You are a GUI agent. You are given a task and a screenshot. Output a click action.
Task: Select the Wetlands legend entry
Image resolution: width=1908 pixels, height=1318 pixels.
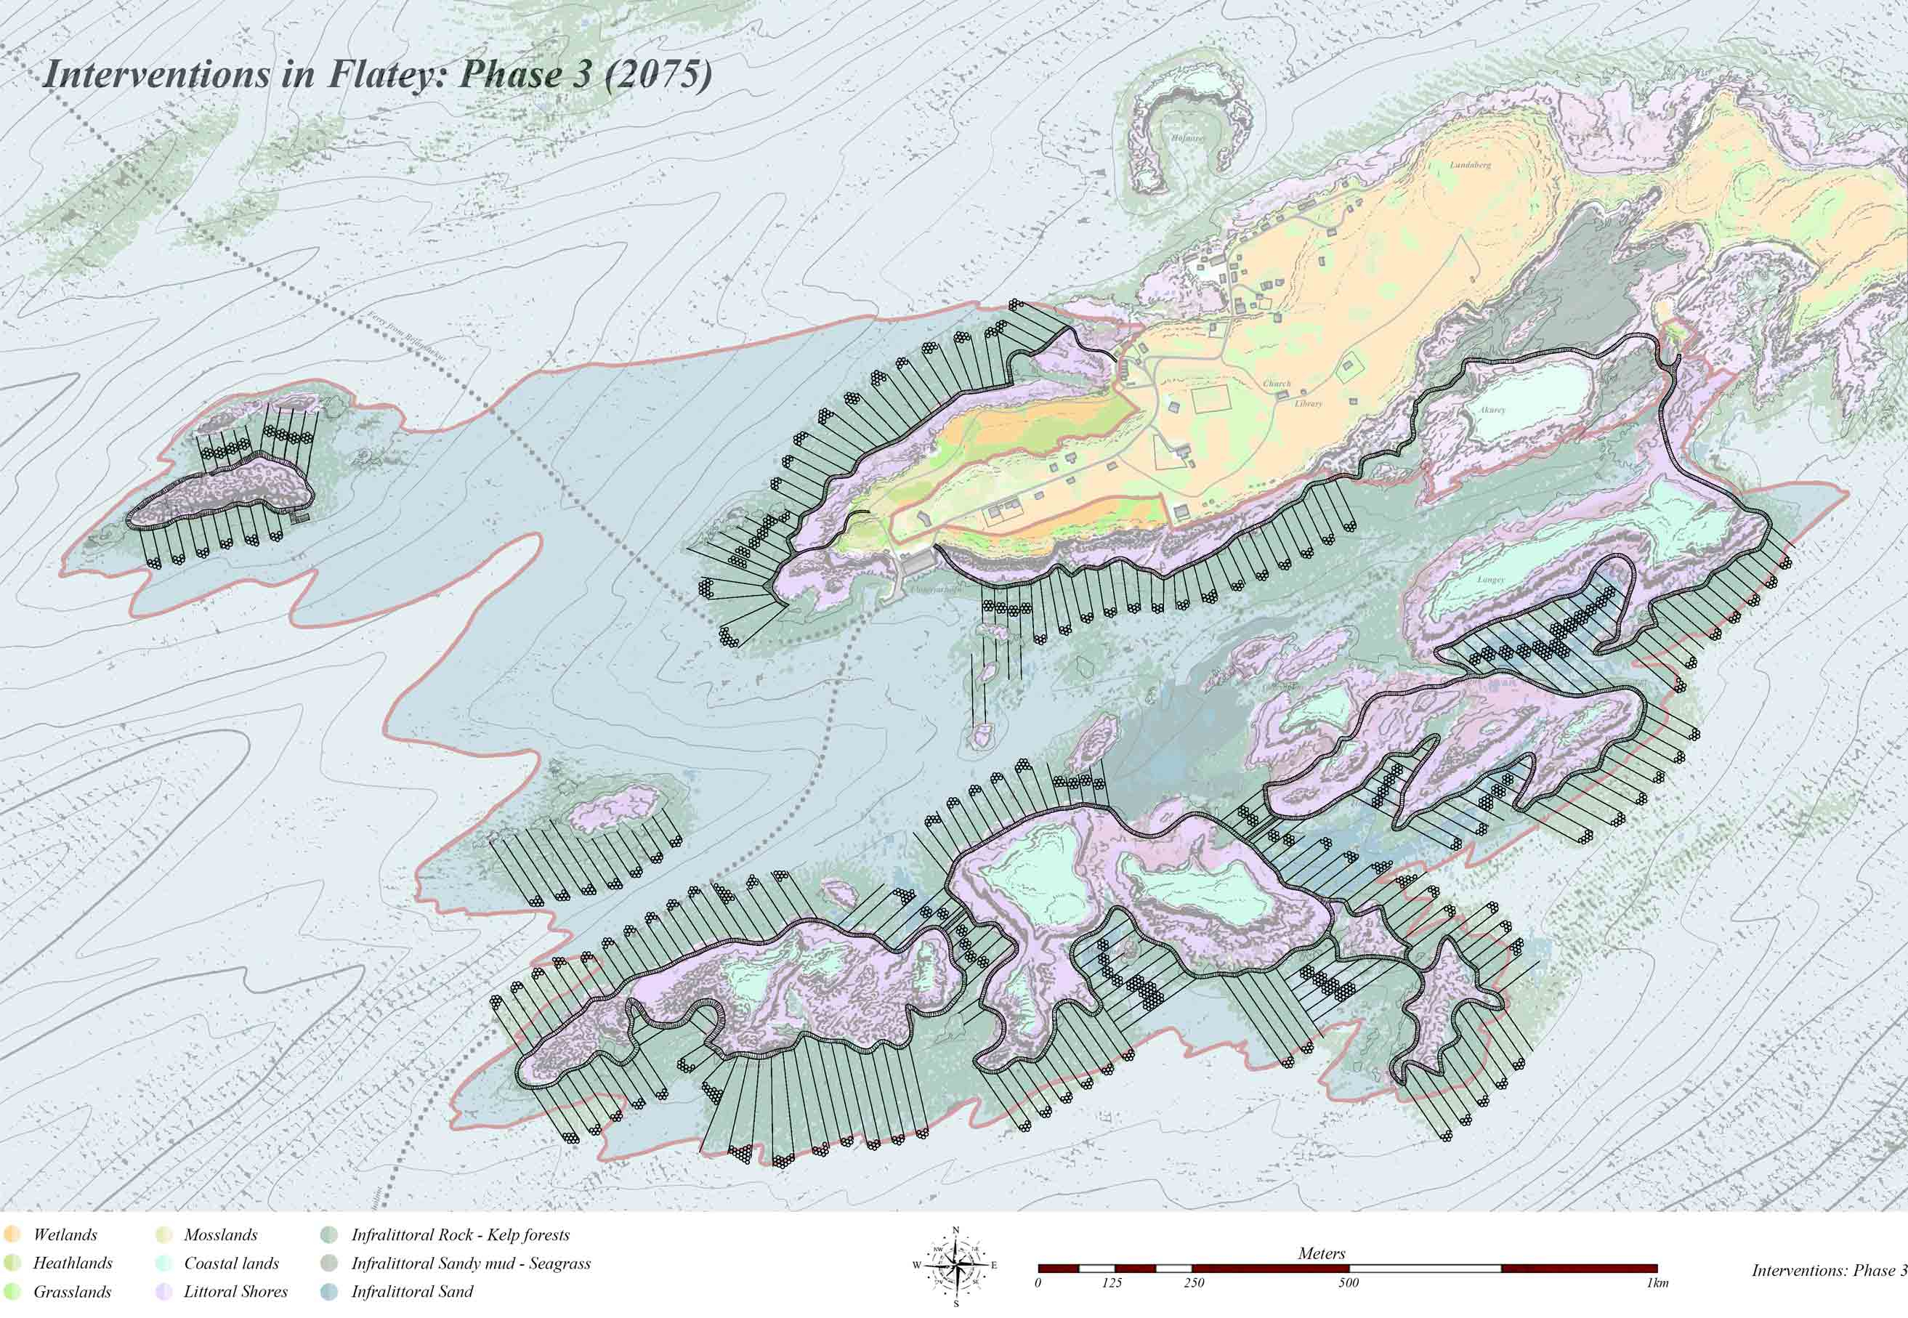[x=65, y=1235]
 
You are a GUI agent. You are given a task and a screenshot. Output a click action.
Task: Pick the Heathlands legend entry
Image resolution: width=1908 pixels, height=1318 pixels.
[x=72, y=1264]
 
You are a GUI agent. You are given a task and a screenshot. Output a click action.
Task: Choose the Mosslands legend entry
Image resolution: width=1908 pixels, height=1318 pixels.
[x=220, y=1235]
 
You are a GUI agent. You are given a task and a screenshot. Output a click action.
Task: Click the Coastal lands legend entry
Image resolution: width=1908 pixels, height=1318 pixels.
[x=231, y=1264]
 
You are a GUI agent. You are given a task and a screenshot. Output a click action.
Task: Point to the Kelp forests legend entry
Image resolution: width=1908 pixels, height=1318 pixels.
[x=460, y=1235]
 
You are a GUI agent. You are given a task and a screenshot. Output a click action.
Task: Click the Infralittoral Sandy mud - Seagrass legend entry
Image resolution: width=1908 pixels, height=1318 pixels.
[x=471, y=1264]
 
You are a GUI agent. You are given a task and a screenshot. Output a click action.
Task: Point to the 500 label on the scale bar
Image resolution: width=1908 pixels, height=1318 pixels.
[x=1349, y=1283]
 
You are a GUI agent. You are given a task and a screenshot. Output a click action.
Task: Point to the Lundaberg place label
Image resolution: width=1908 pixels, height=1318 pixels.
[x=1471, y=165]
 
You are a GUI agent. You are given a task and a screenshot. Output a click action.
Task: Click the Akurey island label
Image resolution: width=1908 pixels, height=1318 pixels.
[x=1492, y=410]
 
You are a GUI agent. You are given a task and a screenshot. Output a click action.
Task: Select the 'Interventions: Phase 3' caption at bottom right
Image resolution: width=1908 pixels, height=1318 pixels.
[x=1829, y=1270]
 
